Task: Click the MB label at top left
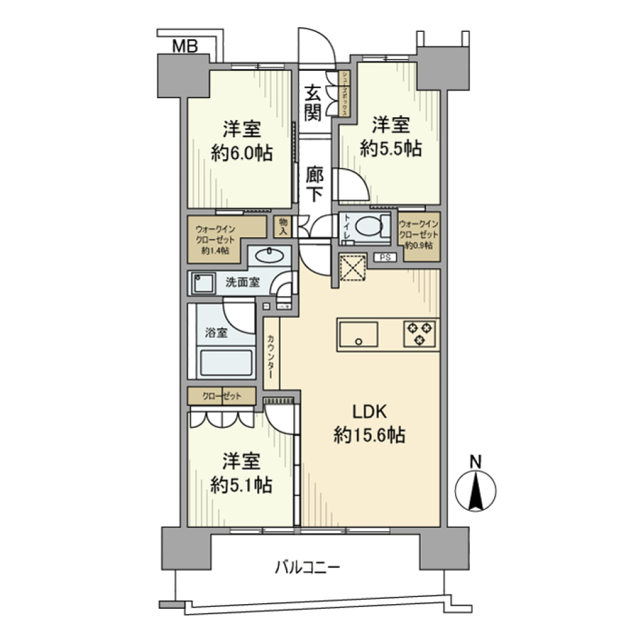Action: [x=185, y=46]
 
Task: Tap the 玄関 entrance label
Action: [x=313, y=102]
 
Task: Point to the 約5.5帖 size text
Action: [x=390, y=150]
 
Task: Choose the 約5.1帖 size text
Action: [x=240, y=486]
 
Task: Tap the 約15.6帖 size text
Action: [x=370, y=435]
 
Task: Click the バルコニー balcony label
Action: [x=307, y=568]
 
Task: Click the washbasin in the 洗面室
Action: [x=270, y=256]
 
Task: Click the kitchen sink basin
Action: [x=358, y=335]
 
